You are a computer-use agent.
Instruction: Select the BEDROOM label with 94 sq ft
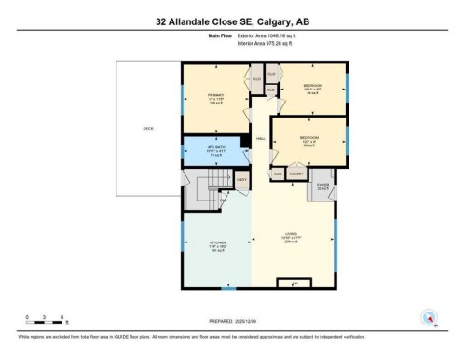pyautogui.click(x=312, y=90)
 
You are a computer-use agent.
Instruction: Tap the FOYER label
pyautogui.click(x=322, y=186)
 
